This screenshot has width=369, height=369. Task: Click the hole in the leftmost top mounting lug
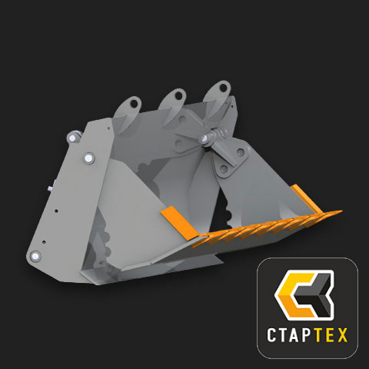click(134, 104)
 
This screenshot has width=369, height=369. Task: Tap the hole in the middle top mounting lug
click(178, 96)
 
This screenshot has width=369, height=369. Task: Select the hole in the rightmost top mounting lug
click(223, 88)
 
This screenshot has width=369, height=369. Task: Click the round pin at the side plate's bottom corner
click(35, 256)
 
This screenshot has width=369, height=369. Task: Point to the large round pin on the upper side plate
click(88, 158)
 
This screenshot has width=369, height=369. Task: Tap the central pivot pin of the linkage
click(205, 138)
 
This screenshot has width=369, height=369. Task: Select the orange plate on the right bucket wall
click(307, 198)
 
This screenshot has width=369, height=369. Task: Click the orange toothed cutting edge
click(267, 228)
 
